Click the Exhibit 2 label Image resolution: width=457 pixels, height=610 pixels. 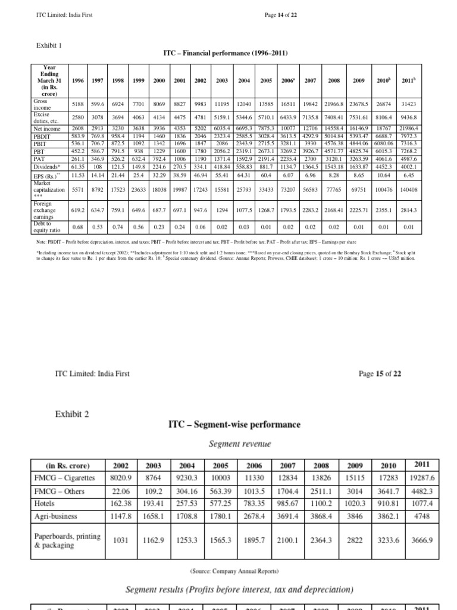coord(72,413)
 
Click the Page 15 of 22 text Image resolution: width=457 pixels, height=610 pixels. coord(380,374)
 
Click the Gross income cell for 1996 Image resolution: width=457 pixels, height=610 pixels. coord(77,104)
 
